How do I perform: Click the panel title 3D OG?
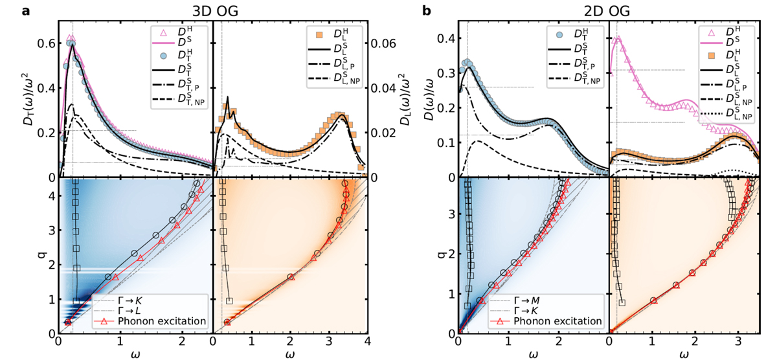[x=215, y=11]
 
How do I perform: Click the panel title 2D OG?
[x=606, y=11]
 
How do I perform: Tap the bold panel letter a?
[x=26, y=11]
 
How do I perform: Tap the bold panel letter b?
[x=427, y=11]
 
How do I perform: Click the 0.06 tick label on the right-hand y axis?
[x=383, y=43]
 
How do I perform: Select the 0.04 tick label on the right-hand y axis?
[x=383, y=89]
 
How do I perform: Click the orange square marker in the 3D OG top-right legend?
[x=319, y=35]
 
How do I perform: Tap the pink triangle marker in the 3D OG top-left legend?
[x=163, y=33]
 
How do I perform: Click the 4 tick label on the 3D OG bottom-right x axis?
[x=367, y=342]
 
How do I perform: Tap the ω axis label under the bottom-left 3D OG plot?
[x=135, y=354]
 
